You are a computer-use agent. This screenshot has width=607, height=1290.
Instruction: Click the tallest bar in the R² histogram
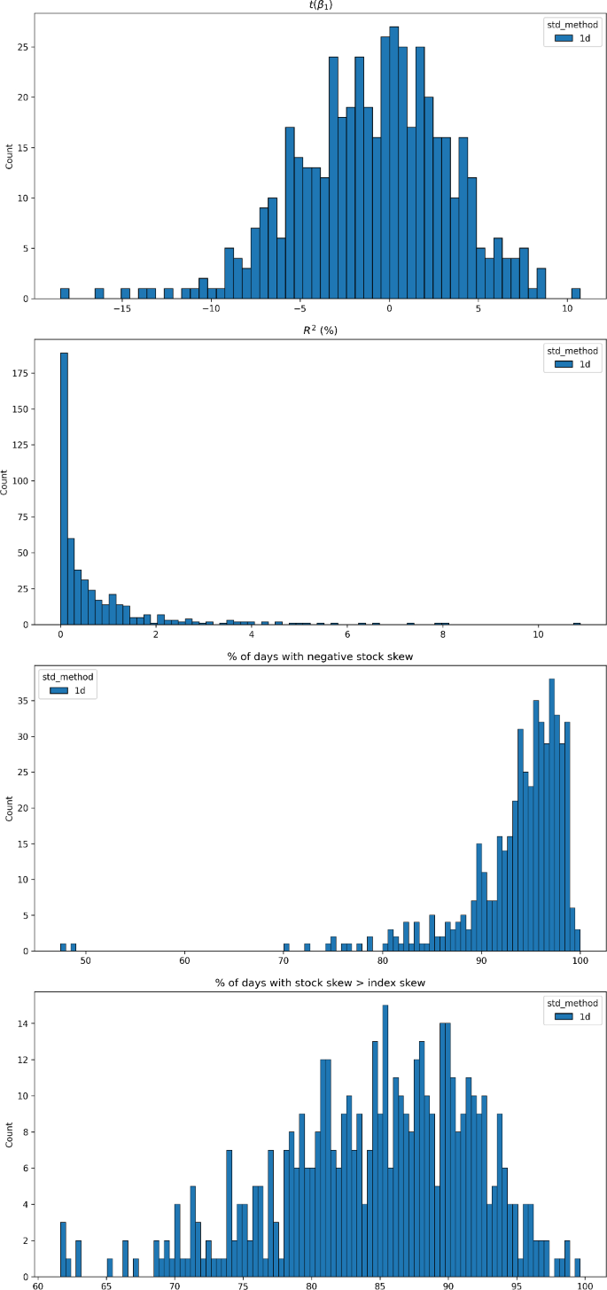click(64, 487)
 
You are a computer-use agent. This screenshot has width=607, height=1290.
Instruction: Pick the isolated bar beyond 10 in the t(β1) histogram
click(576, 293)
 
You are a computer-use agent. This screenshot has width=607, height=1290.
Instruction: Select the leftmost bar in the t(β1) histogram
click(65, 293)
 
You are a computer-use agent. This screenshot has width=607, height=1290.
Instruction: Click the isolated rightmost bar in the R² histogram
click(576, 623)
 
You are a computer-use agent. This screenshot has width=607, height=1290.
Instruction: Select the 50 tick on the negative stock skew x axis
click(85, 960)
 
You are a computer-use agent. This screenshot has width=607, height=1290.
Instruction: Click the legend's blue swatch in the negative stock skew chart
click(58, 689)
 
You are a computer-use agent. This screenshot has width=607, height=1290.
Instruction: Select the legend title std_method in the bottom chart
click(572, 1003)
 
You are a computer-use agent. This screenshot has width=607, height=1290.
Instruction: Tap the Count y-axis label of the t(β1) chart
click(10, 157)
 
